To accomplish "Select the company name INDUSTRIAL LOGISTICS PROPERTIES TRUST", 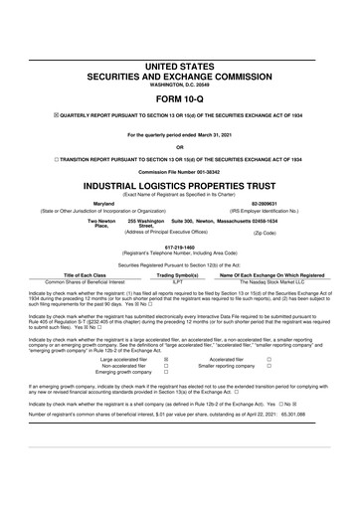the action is pos(180,186).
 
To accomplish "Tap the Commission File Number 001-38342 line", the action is pos(180,172).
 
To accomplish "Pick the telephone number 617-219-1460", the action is pos(180,248).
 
